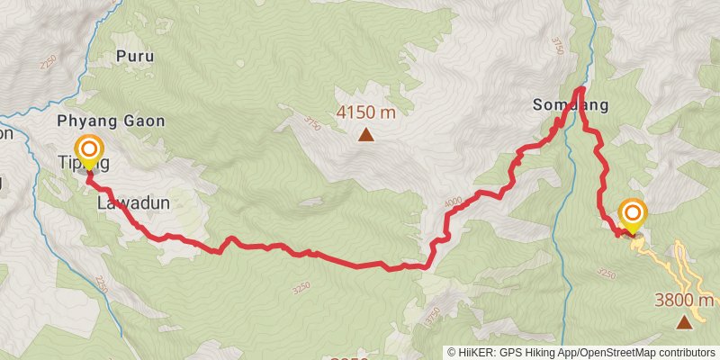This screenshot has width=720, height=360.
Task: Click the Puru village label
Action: point(135,56)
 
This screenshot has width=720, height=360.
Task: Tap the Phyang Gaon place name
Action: point(111,121)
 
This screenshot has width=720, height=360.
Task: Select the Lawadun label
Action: point(133,203)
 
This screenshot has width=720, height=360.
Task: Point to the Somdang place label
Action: point(571,105)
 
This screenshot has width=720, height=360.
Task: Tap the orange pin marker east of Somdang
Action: point(633,213)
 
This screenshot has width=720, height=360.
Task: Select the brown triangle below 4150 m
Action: point(366,136)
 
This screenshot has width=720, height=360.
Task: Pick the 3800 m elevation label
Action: point(684,301)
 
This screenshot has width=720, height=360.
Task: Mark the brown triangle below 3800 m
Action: point(685,321)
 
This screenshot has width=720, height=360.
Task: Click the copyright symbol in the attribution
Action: point(452,352)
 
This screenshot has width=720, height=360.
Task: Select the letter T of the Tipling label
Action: point(63,163)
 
